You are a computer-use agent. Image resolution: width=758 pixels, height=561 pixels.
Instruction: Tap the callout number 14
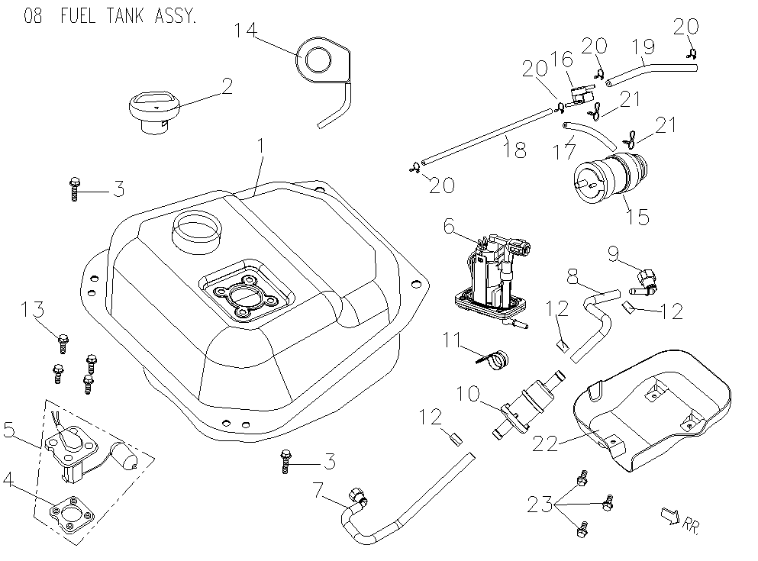click(245, 31)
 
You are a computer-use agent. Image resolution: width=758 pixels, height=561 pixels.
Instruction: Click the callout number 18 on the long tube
click(515, 150)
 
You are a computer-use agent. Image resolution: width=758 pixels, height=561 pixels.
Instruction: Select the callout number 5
click(10, 431)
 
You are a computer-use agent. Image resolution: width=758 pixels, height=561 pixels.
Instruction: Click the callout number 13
click(33, 311)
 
